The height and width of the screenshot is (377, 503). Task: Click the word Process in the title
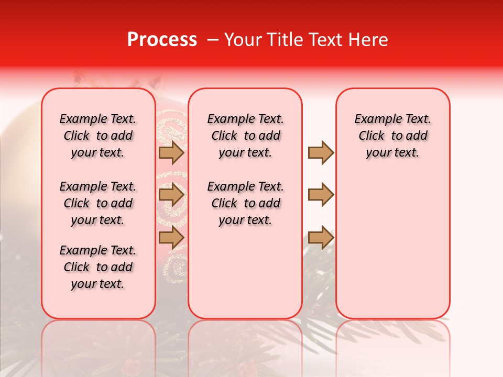[x=162, y=40]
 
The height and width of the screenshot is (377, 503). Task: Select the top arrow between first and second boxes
[x=171, y=152]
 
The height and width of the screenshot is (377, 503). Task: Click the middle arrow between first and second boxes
[x=171, y=195]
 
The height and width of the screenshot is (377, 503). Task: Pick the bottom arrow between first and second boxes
[x=171, y=237]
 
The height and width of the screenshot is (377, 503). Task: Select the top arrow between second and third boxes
[x=321, y=152]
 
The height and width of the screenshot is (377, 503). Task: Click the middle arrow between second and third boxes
[x=321, y=195]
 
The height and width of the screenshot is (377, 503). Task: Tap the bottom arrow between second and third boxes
[x=321, y=237]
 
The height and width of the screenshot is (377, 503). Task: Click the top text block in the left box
[x=98, y=136]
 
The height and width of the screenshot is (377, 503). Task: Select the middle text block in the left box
[x=98, y=203]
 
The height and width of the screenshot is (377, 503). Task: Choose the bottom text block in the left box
[x=98, y=267]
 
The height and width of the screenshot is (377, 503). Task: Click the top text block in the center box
[x=245, y=136]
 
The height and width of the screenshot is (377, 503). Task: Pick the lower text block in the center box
[x=245, y=203]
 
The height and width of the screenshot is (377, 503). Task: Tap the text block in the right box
[x=392, y=136]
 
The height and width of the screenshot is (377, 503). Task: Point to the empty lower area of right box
[x=392, y=241]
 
